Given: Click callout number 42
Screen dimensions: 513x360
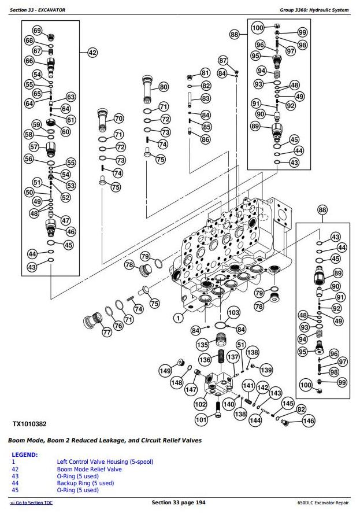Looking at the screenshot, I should pos(92,53).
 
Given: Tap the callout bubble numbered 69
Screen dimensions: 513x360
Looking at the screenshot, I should pos(37,31).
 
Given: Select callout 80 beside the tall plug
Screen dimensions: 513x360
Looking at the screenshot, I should pos(164,87).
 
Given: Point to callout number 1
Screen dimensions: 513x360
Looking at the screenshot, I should pos(179,317).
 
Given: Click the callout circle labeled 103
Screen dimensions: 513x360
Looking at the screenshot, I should pos(233,313).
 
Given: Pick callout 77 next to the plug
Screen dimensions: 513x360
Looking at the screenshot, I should pos(107,332).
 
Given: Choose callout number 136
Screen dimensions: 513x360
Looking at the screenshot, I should pos(205,359).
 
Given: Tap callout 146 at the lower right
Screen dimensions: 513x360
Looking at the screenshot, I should pos(309,421).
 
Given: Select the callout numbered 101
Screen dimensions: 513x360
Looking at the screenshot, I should pos(201,419).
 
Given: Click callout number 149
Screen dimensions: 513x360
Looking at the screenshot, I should pos(165,371).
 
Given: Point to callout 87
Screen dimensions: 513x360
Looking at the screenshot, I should pos(224,60).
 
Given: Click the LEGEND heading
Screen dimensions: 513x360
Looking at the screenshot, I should pos(24,455).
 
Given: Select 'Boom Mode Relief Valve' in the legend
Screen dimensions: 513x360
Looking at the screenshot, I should pos(89,469).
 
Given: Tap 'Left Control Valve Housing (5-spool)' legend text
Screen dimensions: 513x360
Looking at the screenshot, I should pos(105,462).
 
